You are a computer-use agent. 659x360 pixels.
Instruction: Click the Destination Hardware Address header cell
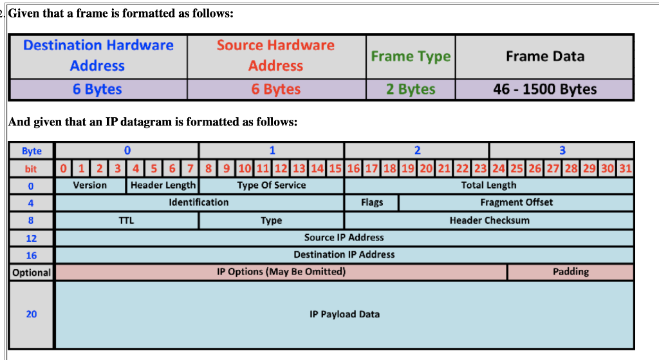tap(98, 55)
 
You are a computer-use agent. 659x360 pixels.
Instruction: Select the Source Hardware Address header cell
tap(276, 55)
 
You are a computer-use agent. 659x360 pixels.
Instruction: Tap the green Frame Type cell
tap(411, 56)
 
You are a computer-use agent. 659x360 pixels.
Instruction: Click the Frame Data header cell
tap(544, 56)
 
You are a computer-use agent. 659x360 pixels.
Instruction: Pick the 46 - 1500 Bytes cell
tap(544, 90)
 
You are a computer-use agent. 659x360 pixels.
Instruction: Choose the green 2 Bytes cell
tap(411, 90)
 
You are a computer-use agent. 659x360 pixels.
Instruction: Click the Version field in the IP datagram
tap(90, 185)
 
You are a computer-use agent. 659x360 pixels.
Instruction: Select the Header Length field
tap(163, 185)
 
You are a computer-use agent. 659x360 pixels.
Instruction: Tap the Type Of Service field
tap(271, 185)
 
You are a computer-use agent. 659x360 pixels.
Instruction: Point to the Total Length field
tap(488, 185)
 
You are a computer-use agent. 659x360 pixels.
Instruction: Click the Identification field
tap(199, 202)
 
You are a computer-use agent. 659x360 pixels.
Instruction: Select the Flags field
tap(371, 202)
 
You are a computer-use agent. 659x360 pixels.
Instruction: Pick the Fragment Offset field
tap(516, 202)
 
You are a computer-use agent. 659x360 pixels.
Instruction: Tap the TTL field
tap(126, 220)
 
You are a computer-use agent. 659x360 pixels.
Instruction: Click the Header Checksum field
tap(489, 220)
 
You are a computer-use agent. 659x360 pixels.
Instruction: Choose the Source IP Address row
tap(344, 238)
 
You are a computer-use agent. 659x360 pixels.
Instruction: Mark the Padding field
tap(570, 272)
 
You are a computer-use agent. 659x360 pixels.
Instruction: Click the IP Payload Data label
tap(344, 314)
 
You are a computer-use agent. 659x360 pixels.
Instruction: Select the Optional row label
tap(32, 272)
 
